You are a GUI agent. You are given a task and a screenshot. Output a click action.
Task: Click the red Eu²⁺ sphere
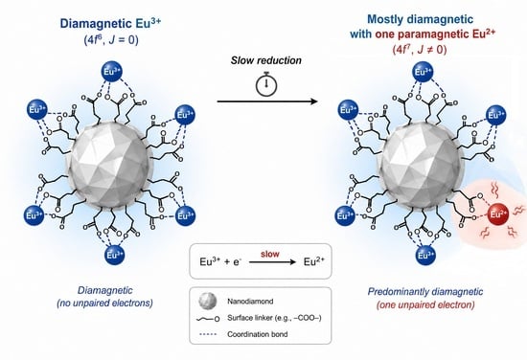[498, 214]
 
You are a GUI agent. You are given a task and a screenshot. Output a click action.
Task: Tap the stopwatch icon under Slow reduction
[266, 84]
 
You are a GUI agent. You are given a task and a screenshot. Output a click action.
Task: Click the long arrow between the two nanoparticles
[267, 101]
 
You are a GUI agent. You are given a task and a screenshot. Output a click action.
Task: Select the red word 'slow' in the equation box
[270, 254]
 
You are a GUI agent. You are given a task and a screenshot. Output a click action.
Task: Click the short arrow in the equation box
[272, 262]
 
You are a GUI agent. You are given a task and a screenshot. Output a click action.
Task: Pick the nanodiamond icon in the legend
[207, 301]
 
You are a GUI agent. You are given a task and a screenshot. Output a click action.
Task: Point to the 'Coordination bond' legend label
[258, 334]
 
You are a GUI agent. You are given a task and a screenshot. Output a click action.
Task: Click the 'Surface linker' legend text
[274, 318]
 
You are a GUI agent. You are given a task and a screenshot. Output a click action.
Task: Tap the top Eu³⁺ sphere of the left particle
[112, 72]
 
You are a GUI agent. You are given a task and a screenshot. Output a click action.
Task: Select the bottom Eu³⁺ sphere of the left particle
[115, 256]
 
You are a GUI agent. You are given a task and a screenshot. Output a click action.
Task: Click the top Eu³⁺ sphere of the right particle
[423, 72]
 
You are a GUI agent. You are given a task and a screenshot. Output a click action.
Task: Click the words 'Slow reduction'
[266, 60]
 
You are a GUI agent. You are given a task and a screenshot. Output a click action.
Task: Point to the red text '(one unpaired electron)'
[425, 304]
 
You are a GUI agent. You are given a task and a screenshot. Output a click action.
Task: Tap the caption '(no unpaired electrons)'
[104, 303]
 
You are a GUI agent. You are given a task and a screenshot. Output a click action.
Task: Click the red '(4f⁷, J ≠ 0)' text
[420, 50]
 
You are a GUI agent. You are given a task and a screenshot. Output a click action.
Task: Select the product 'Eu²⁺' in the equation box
[314, 261]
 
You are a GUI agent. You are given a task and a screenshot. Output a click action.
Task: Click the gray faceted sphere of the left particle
[110, 165]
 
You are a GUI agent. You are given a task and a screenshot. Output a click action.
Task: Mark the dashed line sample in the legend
[208, 334]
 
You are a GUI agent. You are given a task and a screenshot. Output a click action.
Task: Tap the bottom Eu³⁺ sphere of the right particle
[425, 256]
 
